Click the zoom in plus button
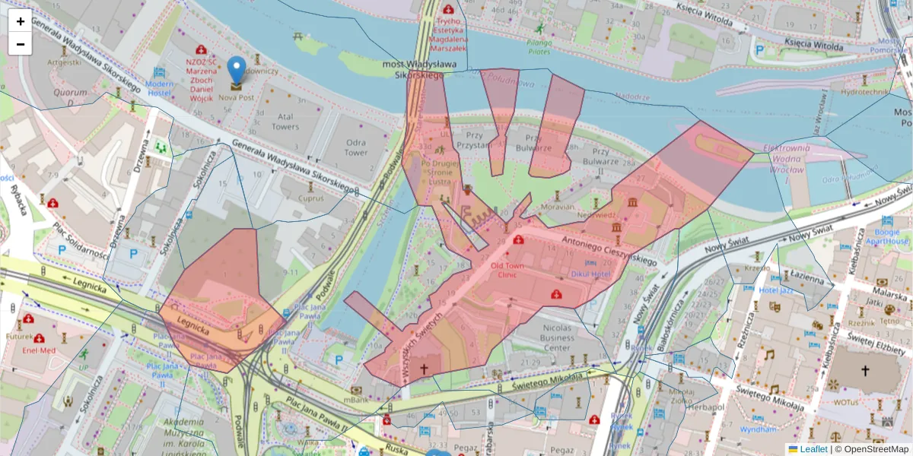coord(21,21)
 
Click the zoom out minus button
coord(21,44)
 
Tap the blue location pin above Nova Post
coord(237,70)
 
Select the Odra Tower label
coord(355,147)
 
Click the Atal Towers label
coord(285,122)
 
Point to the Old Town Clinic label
coord(507,271)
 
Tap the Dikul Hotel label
coord(590,274)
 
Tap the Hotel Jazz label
coord(776,290)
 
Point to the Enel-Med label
coord(38,350)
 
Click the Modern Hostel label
coord(160,87)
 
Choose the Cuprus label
coord(310,198)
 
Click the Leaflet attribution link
coord(813,449)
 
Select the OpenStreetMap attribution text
coord(876,449)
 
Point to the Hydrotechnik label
coord(865,92)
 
